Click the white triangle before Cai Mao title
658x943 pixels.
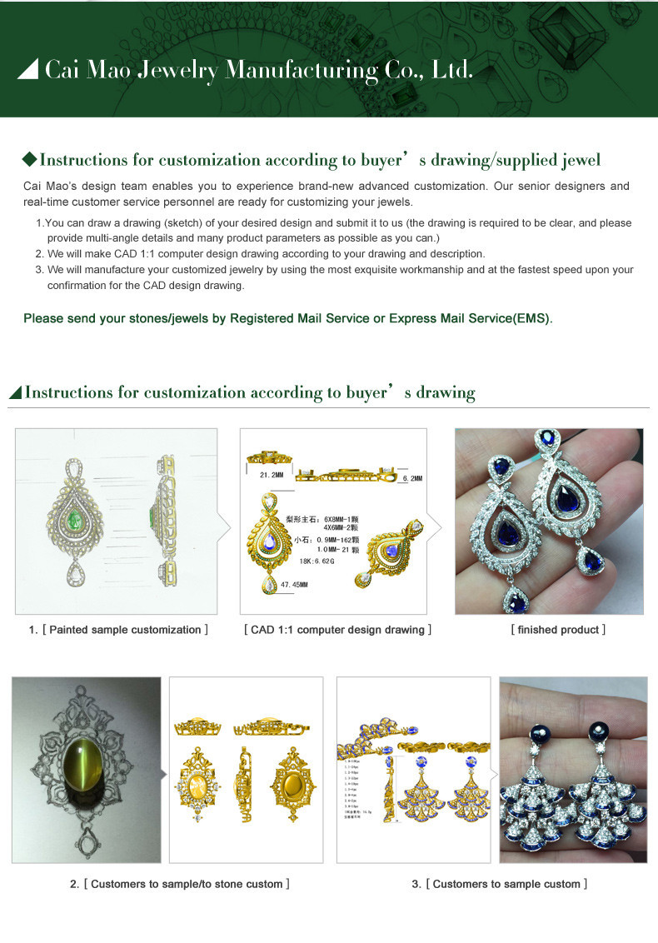(x=28, y=69)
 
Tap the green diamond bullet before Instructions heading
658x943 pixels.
(x=30, y=159)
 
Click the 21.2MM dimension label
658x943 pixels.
(x=272, y=474)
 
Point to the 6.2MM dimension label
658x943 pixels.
(x=411, y=478)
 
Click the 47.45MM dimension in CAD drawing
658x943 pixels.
(x=294, y=585)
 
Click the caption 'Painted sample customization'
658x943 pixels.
(x=125, y=630)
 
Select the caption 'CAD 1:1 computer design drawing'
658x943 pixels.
(x=337, y=630)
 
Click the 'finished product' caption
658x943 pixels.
(x=558, y=630)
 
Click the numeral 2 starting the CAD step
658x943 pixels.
(x=38, y=253)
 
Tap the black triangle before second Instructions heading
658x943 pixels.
(x=15, y=392)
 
